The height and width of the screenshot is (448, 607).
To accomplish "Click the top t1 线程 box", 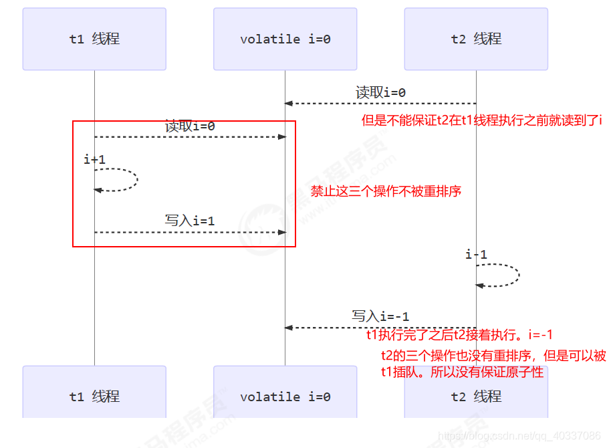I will point(94,39).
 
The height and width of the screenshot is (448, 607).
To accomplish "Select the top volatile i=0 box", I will point(285,39).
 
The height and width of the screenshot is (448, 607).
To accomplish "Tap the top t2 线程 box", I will point(476,39).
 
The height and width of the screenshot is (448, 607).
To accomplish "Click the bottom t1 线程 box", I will point(94,396).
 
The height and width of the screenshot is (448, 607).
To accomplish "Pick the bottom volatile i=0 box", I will point(285,396).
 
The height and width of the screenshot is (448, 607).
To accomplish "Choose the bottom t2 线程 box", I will point(476,396).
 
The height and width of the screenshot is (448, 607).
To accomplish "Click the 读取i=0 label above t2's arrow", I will point(380,93).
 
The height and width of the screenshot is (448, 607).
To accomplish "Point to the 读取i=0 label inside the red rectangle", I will point(190,126).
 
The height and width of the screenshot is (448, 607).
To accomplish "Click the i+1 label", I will point(94,159).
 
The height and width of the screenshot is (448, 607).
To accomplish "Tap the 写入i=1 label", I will point(190,221).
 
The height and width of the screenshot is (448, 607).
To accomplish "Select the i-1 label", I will point(476,255).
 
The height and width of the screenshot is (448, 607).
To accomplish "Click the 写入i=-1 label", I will point(380,316).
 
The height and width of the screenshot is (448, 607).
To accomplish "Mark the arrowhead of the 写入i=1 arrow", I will point(282,232).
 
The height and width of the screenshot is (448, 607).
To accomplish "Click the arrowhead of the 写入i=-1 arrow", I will point(288,328).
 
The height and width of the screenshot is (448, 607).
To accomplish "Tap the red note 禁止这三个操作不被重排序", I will point(386,191).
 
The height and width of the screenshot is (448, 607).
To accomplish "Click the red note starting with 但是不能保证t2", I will point(481,120).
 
